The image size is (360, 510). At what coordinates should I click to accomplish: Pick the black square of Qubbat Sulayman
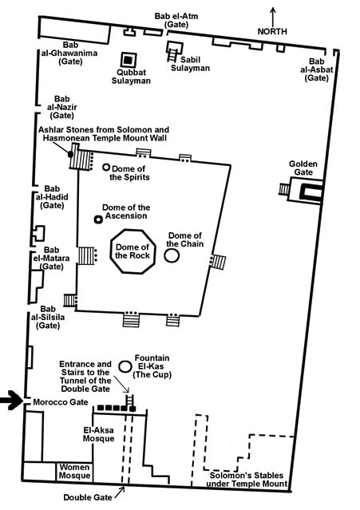129,60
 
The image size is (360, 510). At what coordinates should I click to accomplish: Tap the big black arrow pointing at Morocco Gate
10,400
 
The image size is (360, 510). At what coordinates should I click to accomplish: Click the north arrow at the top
273,17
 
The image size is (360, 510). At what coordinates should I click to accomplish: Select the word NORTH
272,32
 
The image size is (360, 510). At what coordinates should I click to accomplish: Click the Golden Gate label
303,168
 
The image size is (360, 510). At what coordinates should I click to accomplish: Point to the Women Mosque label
74,472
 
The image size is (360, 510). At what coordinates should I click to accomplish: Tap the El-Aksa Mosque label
98,434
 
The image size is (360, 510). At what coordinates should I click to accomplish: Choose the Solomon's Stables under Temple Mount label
247,480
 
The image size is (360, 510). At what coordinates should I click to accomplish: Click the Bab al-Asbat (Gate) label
316,69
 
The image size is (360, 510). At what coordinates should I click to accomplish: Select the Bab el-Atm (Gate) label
176,20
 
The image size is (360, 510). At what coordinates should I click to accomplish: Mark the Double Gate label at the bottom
88,497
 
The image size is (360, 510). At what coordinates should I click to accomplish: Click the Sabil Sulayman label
190,64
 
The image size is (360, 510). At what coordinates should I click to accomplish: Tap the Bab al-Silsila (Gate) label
48,317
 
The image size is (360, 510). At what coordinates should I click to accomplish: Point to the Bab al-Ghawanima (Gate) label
70,53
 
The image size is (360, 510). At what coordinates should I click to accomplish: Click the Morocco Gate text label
61,402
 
